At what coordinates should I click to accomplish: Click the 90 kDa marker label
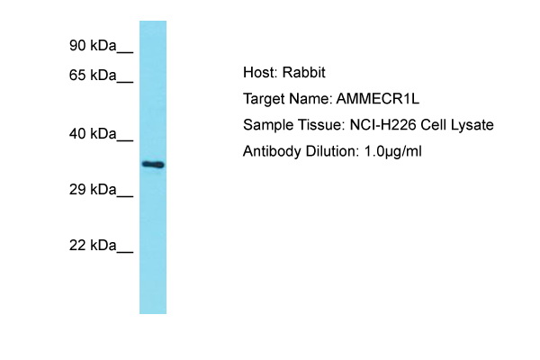[93, 46]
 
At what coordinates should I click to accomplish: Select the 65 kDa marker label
[93, 75]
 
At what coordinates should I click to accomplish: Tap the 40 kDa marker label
[93, 134]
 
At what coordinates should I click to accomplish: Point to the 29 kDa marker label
[93, 190]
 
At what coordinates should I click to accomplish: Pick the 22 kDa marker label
[93, 246]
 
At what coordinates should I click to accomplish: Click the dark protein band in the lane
[153, 165]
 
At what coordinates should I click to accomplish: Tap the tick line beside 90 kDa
[125, 53]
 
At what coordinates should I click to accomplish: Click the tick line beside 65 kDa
[125, 82]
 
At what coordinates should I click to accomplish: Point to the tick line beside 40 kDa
[125, 141]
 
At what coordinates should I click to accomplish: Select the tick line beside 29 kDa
[125, 197]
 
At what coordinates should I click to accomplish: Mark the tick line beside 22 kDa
[125, 253]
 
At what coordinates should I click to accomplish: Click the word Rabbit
[304, 72]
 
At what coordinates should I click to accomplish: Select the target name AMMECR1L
[378, 99]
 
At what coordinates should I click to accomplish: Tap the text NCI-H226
[383, 125]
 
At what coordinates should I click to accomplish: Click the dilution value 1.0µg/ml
[392, 151]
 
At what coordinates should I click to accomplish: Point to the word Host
[258, 72]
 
